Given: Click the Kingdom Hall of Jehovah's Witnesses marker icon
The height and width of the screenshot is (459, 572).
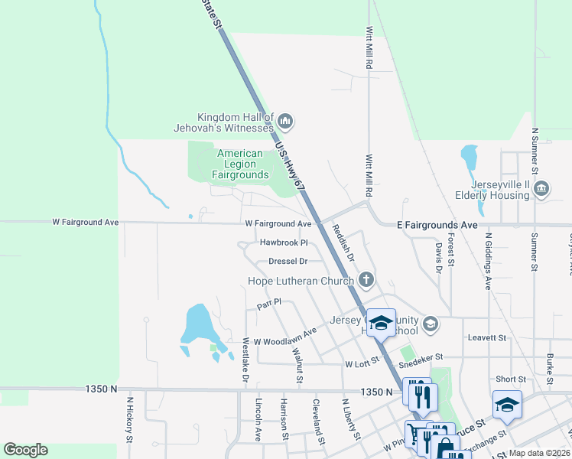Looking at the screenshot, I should [285, 120].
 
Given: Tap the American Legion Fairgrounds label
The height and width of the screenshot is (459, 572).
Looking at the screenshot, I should [240, 164].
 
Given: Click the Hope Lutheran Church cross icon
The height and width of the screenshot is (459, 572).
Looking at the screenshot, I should [366, 280].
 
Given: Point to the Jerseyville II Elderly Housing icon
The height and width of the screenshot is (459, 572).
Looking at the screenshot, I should [541, 188].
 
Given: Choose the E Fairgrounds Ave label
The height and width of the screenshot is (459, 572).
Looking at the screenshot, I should [437, 225].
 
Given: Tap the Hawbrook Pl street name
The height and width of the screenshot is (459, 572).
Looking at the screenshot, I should [283, 243].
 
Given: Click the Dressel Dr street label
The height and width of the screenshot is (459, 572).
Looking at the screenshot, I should [288, 261].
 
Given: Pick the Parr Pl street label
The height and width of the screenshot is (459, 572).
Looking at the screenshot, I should [269, 303].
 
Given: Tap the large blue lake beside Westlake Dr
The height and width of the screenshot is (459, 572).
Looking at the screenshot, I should [196, 325].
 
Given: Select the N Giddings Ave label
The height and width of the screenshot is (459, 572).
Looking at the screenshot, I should [487, 268].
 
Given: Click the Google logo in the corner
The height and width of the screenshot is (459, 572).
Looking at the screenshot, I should [25, 450].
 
